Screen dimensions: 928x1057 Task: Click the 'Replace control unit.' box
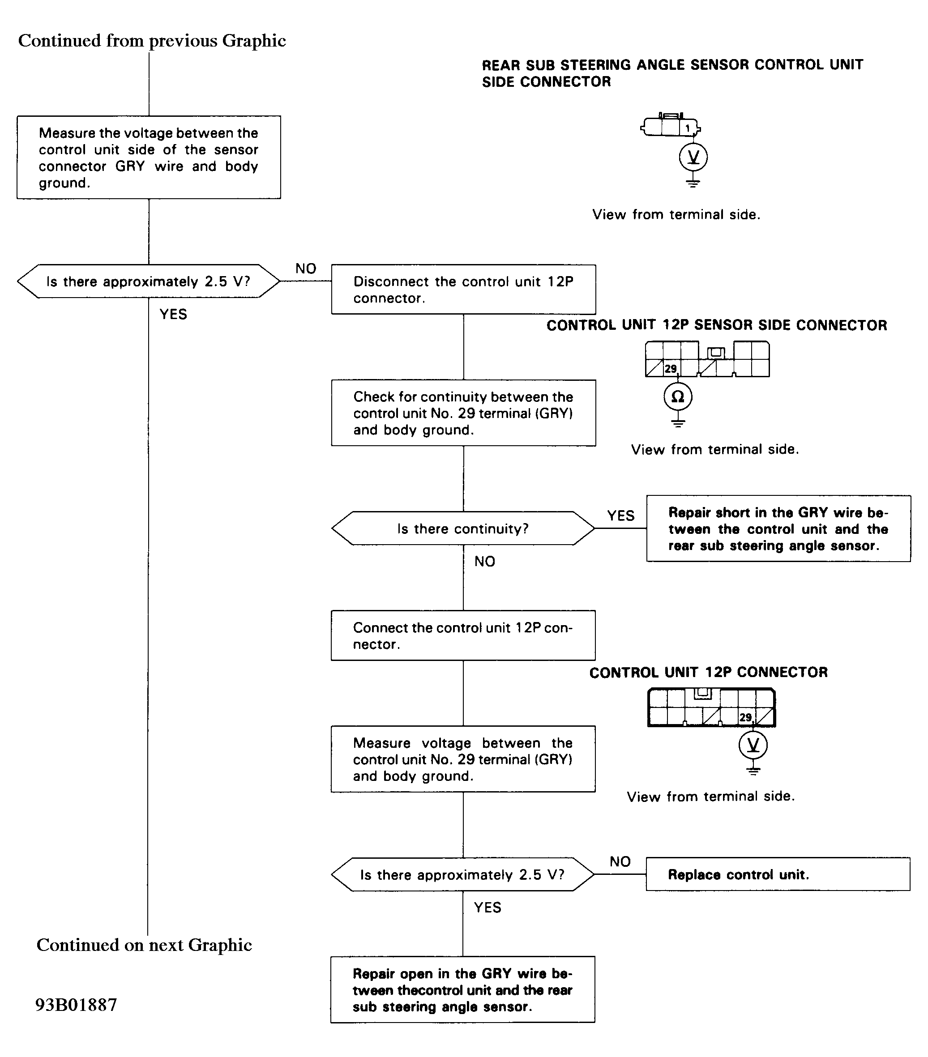coord(778,874)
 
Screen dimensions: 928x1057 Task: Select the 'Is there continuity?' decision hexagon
coord(463,528)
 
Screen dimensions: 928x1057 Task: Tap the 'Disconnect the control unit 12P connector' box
coord(463,290)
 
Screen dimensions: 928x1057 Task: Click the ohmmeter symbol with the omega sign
coord(678,396)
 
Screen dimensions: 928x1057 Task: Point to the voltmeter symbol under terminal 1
coord(693,157)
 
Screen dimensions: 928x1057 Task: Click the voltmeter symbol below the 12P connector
coord(753,745)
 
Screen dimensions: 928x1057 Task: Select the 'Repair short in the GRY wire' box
coord(778,528)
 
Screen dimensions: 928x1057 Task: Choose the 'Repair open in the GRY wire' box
coord(463,989)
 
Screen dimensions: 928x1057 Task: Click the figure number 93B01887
coord(77,1005)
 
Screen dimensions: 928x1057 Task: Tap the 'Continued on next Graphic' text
coord(144,945)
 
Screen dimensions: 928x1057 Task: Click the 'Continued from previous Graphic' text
coord(152,40)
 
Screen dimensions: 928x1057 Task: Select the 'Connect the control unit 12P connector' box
coord(463,635)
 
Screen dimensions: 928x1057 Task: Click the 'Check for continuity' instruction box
coord(463,413)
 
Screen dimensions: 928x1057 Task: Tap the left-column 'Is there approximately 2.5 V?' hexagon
coord(149,281)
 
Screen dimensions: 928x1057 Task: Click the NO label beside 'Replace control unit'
coord(620,861)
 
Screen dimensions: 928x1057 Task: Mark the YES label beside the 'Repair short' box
coord(621,516)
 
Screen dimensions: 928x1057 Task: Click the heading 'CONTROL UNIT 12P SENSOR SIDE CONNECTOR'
coord(717,325)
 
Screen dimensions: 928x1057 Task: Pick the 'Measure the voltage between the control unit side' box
coord(149,157)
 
